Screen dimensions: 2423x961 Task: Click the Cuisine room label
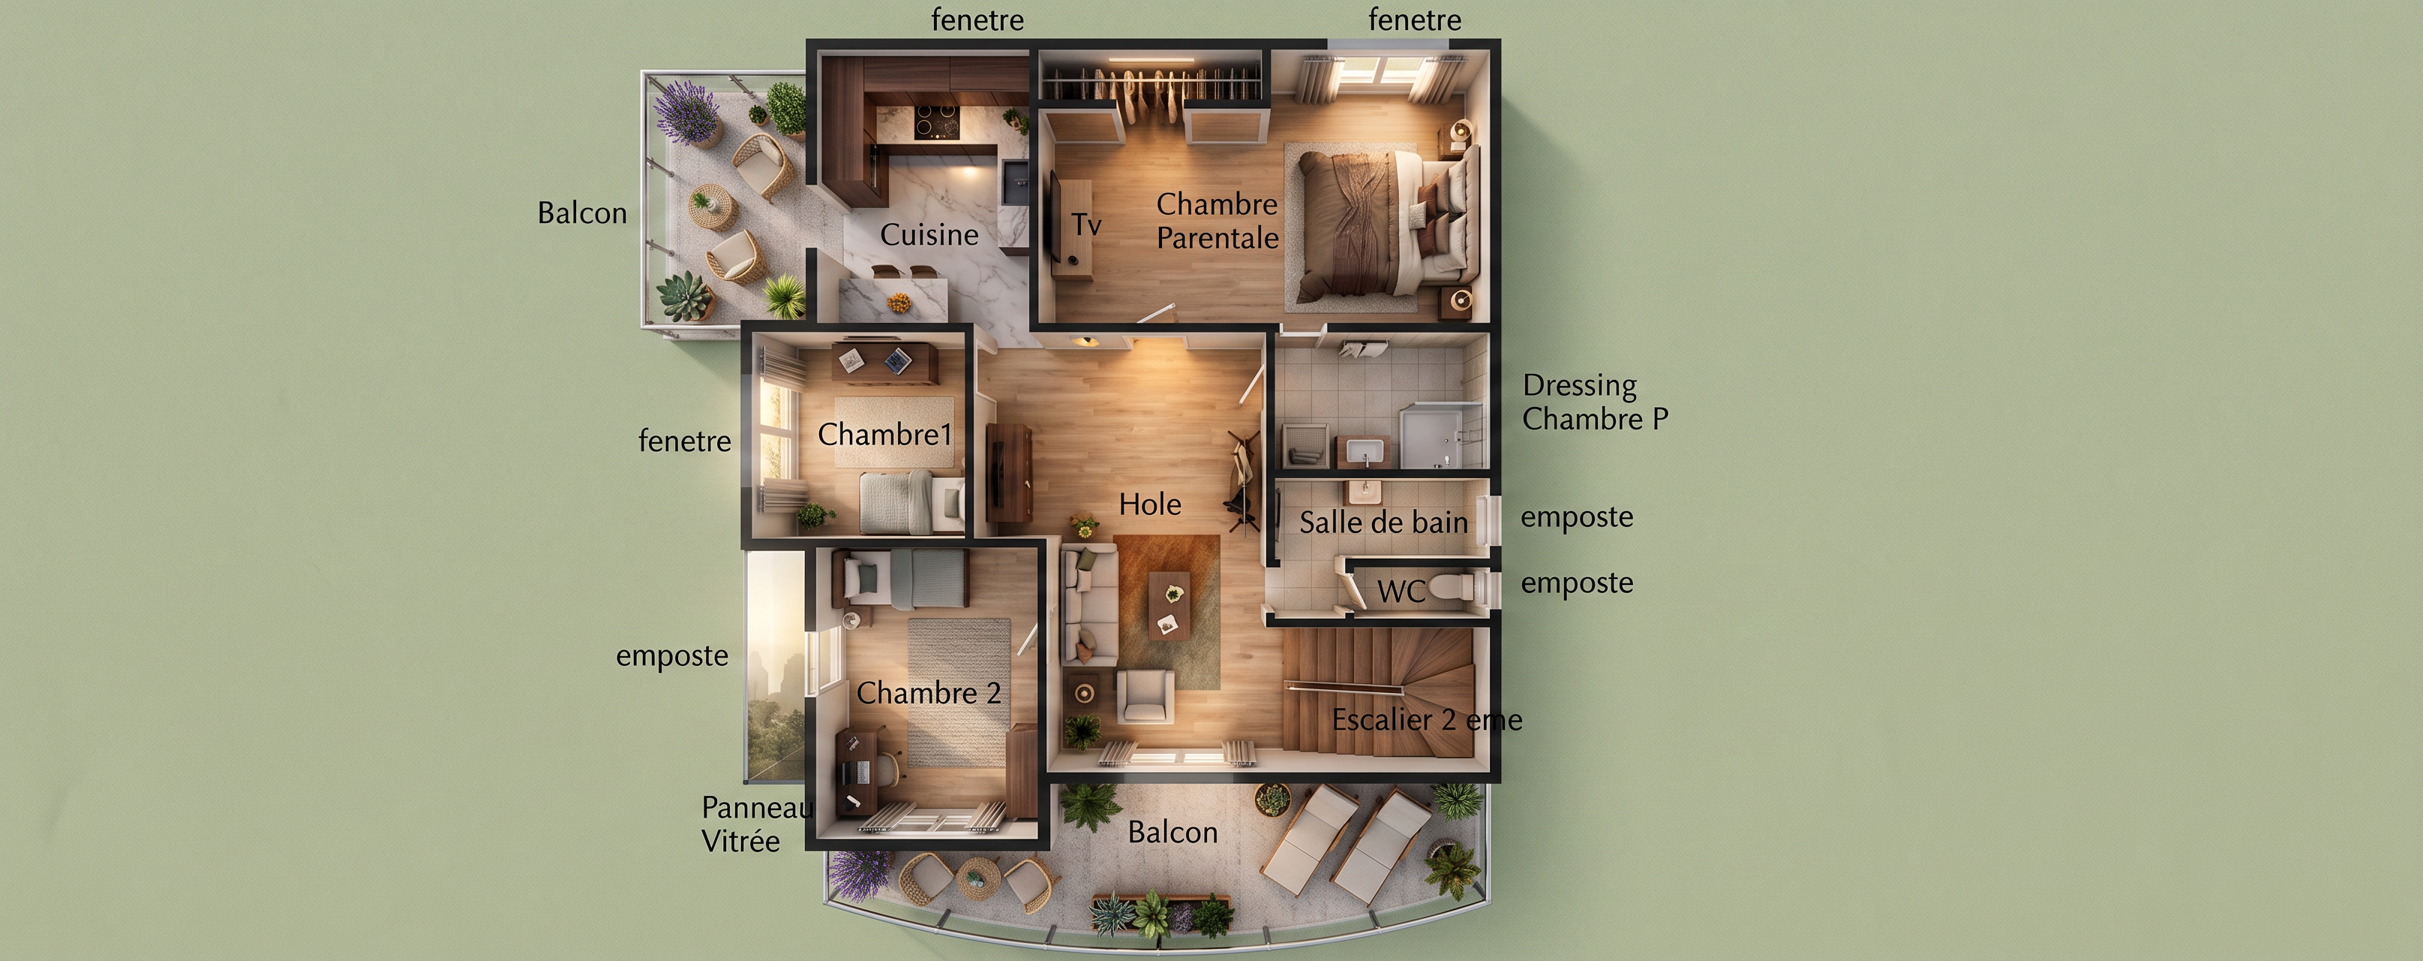tap(929, 234)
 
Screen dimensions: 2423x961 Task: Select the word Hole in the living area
tap(1149, 505)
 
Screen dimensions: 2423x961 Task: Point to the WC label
tap(1401, 591)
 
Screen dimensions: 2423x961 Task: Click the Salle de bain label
tap(1383, 523)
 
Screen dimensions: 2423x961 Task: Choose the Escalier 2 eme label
tap(1427, 720)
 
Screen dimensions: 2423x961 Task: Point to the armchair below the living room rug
tap(1145, 697)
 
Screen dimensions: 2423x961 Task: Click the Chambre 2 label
tap(929, 694)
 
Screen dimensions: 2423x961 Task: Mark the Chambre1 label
tap(885, 435)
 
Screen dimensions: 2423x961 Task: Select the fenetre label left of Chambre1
tap(685, 441)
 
